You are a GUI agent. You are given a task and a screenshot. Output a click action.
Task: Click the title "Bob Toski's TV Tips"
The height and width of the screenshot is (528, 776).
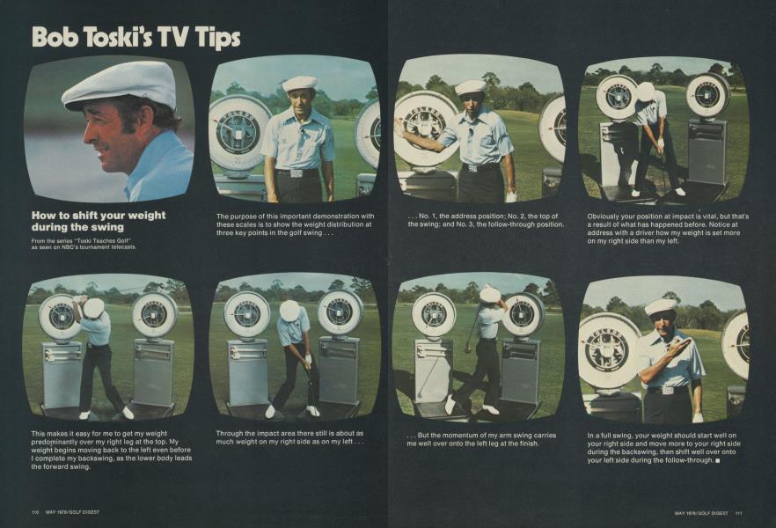point(135,37)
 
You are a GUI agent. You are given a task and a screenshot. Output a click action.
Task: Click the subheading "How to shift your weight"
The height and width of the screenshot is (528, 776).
point(99,215)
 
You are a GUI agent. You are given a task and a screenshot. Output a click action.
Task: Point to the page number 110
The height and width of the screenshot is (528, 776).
point(35,513)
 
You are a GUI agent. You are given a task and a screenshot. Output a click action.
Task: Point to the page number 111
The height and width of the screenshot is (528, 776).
point(739,513)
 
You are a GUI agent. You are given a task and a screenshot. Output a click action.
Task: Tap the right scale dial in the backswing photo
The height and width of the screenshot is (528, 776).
point(154,314)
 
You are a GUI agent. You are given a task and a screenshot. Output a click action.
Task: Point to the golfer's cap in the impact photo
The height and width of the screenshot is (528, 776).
point(289,311)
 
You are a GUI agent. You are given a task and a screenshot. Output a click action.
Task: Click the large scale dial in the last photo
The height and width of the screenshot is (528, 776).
point(608,350)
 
